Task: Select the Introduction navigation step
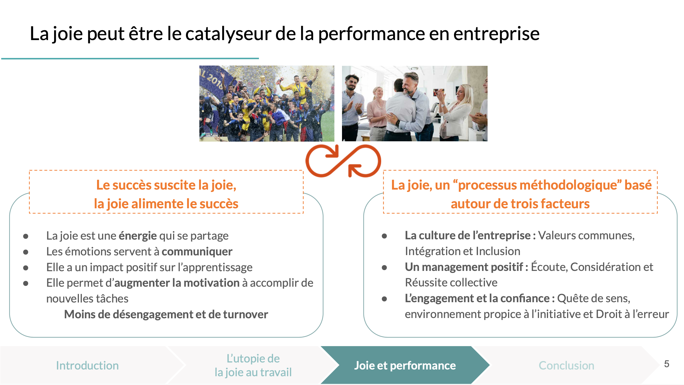point(87,365)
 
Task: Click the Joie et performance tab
point(405,365)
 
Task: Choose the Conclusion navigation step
point(566,365)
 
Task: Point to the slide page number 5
point(666,364)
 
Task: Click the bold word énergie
point(138,236)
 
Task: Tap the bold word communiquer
point(197,252)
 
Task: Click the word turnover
point(246,314)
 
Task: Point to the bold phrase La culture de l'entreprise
point(467,236)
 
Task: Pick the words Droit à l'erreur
point(632,314)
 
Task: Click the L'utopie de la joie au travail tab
point(253,365)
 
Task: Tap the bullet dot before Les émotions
point(26,252)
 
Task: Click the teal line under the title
point(130,59)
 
